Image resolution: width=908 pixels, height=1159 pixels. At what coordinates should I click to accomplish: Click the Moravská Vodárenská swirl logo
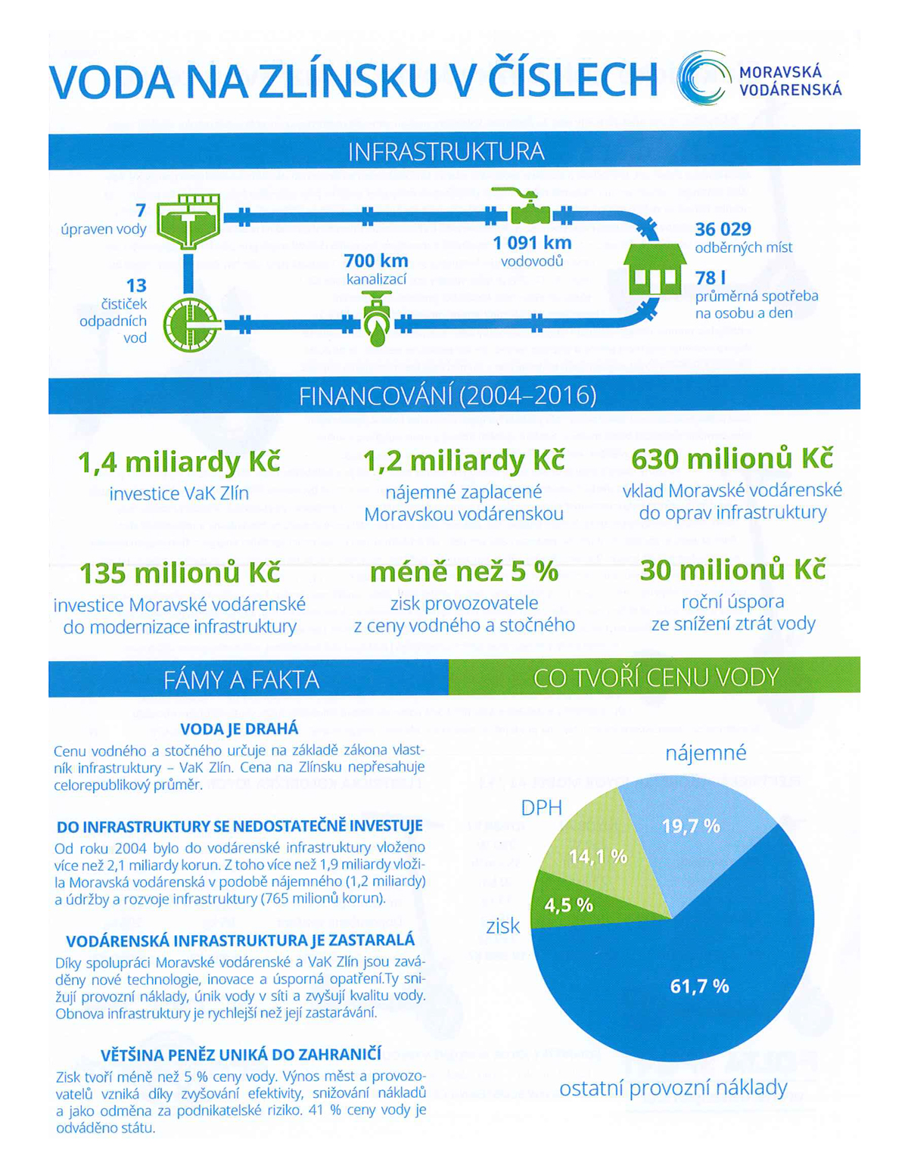pyautogui.click(x=704, y=78)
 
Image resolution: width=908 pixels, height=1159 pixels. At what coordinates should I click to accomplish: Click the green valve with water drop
pyautogui.click(x=377, y=319)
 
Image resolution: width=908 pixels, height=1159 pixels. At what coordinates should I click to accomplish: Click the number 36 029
pyautogui.click(x=723, y=229)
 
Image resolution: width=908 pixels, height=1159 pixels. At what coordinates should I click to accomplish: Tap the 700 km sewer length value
pyautogui.click(x=376, y=261)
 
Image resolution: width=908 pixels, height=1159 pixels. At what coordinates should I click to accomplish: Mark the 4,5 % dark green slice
pyautogui.click(x=576, y=905)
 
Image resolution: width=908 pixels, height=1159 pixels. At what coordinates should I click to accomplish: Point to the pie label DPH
pyautogui.click(x=542, y=809)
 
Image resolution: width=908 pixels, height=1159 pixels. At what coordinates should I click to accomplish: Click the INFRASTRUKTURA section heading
pyautogui.click(x=446, y=152)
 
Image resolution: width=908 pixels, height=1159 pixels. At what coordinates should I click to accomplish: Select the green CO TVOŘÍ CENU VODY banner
pyautogui.click(x=655, y=677)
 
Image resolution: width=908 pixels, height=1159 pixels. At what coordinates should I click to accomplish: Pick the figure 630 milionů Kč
pyautogui.click(x=732, y=459)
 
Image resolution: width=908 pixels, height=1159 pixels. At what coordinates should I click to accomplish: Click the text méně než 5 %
pyautogui.click(x=464, y=572)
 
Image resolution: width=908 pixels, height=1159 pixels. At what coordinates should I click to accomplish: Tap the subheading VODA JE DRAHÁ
pyautogui.click(x=239, y=729)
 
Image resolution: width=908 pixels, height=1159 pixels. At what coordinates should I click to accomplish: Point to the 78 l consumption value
pyautogui.click(x=710, y=278)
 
